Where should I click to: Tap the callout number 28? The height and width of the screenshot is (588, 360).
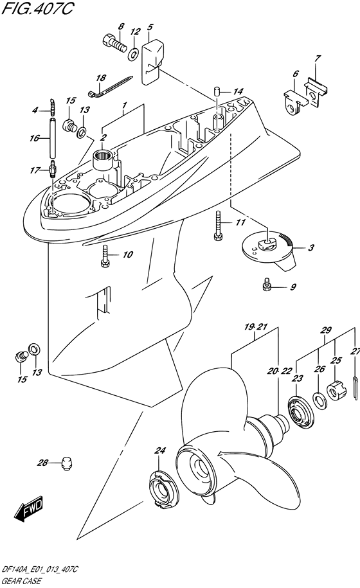[x=42, y=463]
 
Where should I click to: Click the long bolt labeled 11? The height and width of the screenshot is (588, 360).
[x=217, y=225]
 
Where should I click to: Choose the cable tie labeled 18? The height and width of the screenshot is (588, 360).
[x=111, y=86]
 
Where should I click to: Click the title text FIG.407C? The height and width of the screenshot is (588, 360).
[x=37, y=8]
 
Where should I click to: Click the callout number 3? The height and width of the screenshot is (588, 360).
[x=311, y=248]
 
